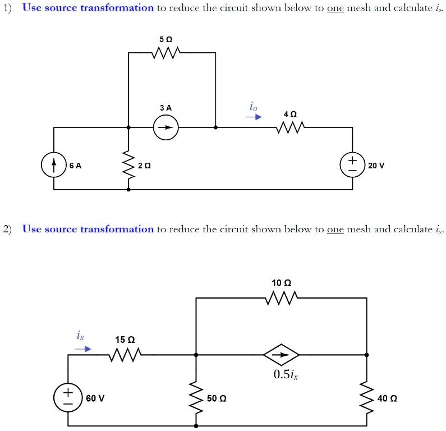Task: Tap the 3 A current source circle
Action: (167, 128)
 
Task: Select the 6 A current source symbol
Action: (54, 166)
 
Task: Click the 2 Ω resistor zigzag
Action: (128, 166)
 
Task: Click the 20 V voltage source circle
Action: (352, 166)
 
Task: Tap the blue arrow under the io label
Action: (255, 118)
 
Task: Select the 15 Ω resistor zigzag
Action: (124, 355)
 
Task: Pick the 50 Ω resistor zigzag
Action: (196, 397)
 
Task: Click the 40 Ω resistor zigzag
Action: (367, 397)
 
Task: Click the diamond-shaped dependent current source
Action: (282, 355)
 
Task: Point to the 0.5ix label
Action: (286, 375)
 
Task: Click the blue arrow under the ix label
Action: (83, 349)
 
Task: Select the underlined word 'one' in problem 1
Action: (335, 8)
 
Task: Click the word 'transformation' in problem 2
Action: (117, 229)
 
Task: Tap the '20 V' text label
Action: (375, 166)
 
